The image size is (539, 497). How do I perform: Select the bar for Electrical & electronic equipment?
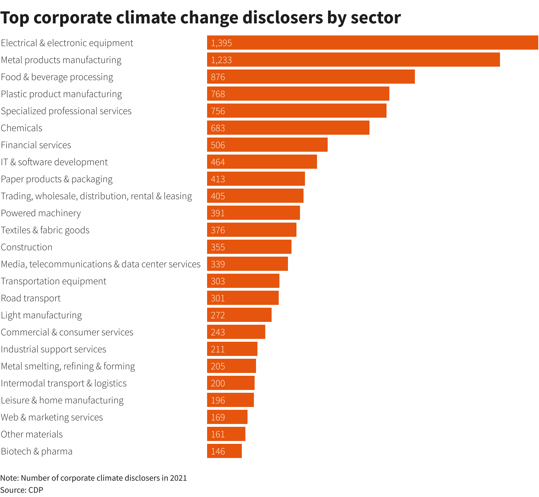click(372, 43)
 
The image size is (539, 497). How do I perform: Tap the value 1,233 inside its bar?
click(221, 60)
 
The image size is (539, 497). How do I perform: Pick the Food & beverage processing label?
click(57, 77)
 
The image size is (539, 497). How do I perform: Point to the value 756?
click(218, 111)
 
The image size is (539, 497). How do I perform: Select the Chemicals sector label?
click(22, 128)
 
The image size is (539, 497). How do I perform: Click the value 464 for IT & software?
click(218, 162)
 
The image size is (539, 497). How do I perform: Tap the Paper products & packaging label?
click(57, 179)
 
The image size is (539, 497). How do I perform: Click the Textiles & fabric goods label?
click(45, 230)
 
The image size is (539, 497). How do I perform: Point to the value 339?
click(218, 264)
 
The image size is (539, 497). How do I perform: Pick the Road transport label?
click(31, 298)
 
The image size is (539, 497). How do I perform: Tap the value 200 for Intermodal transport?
click(218, 383)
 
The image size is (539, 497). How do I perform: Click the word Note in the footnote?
click(9, 478)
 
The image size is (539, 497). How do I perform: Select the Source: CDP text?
click(22, 490)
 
